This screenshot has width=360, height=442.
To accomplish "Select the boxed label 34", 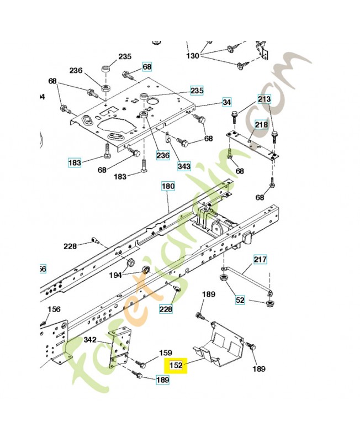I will [227, 102].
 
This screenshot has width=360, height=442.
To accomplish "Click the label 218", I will [261, 125].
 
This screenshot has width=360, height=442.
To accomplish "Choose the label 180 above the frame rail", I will [168, 187].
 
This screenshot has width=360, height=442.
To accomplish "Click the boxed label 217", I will [260, 259].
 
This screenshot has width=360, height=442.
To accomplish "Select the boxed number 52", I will [240, 300].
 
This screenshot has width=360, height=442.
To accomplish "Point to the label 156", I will [54, 309].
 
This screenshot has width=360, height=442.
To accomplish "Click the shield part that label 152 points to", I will [221, 345].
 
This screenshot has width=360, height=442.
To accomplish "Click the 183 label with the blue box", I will [75, 162].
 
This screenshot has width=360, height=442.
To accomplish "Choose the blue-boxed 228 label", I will [165, 309].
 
